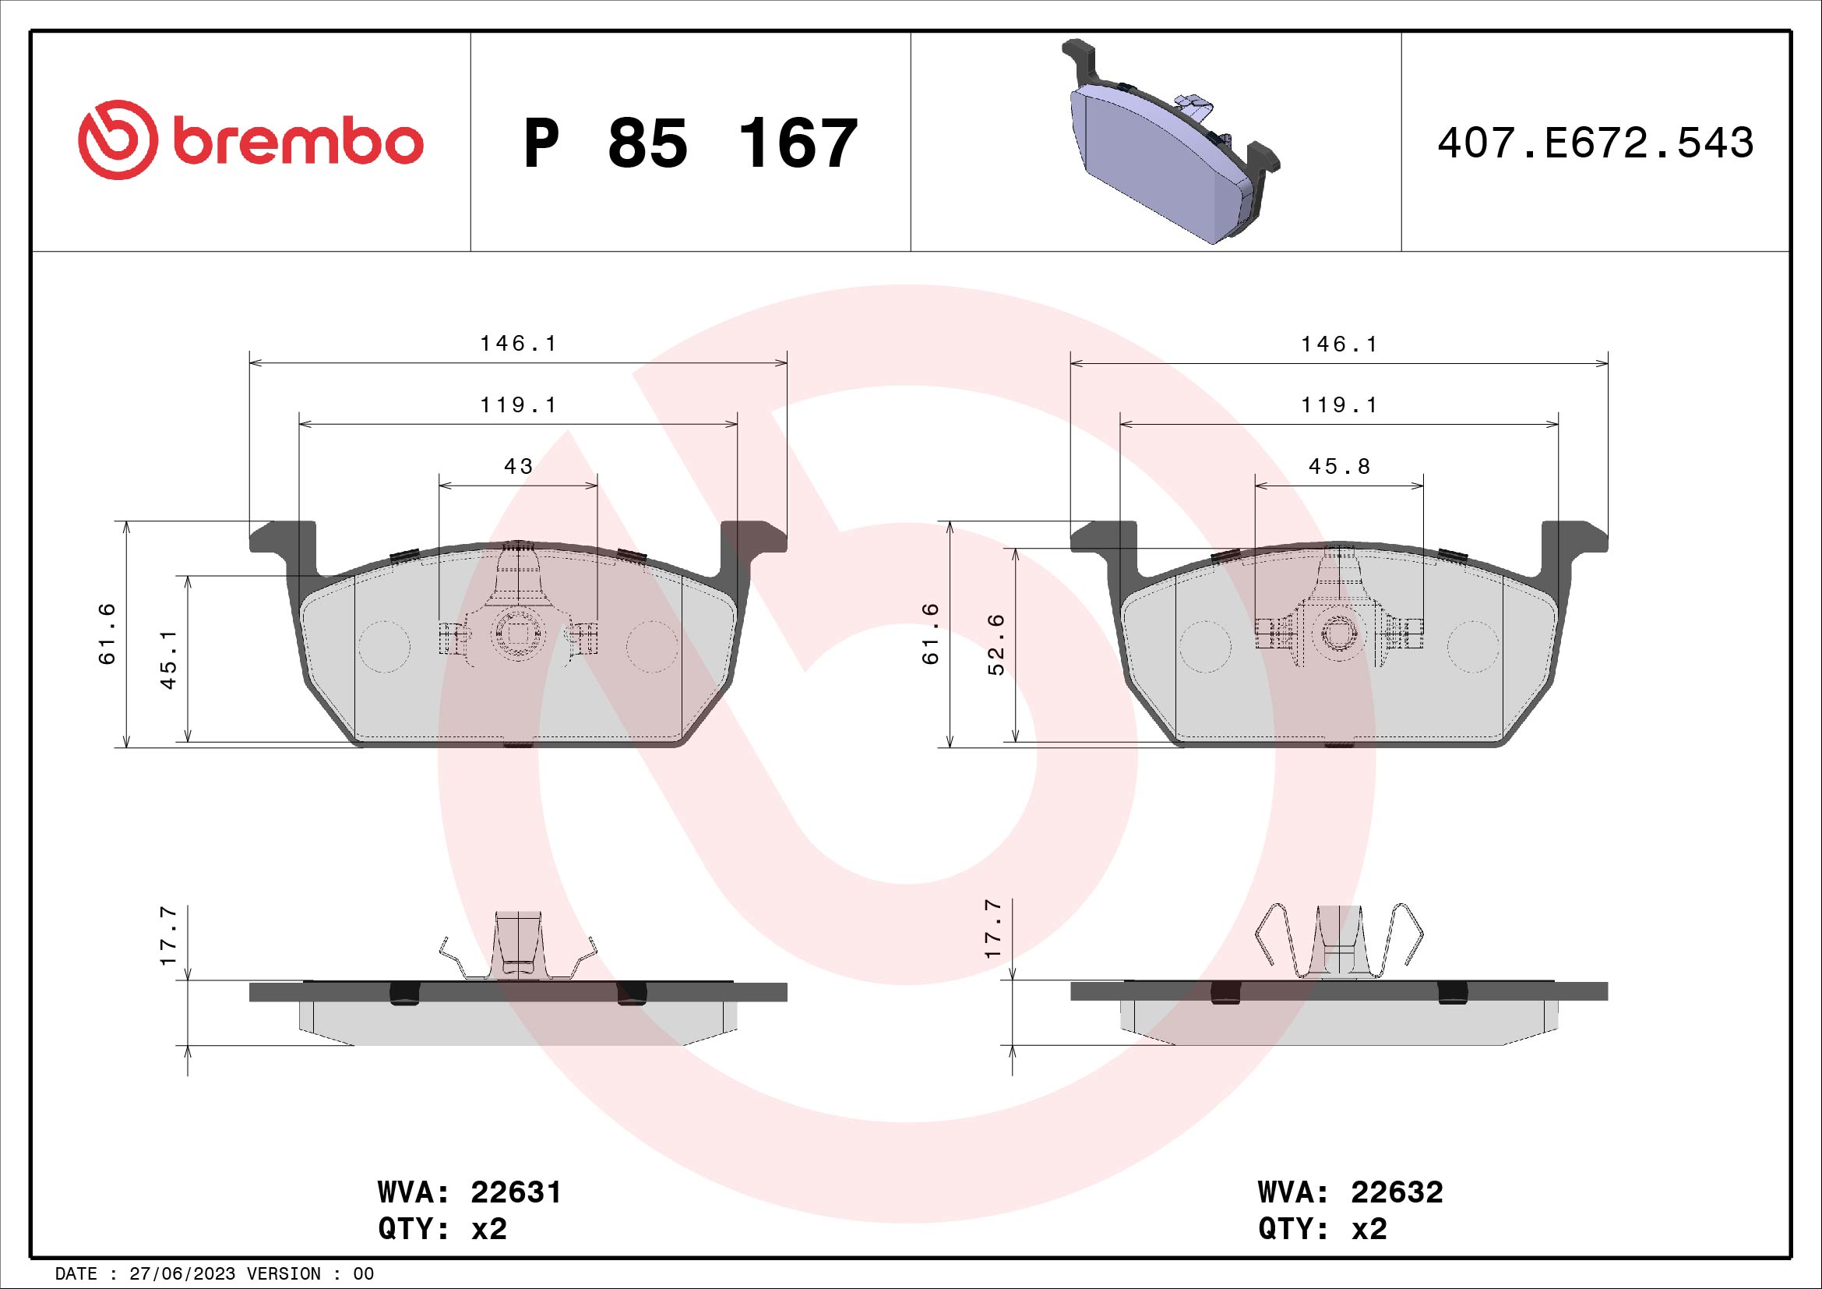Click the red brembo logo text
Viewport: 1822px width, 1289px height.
[x=294, y=143]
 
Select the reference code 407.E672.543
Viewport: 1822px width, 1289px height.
[x=1595, y=143]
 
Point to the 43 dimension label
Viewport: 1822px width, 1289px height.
[x=518, y=467]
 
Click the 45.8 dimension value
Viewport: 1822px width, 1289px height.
[x=1340, y=467]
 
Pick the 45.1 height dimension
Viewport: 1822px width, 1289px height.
[x=168, y=659]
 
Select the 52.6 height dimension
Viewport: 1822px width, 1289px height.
[x=996, y=644]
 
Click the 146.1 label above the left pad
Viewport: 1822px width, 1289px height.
[x=518, y=344]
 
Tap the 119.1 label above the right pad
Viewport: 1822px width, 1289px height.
[x=1340, y=405]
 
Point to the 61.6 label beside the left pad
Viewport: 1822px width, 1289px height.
[x=107, y=634]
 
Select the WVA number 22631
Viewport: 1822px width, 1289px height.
[x=516, y=1192]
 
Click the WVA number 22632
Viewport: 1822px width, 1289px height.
[x=1397, y=1192]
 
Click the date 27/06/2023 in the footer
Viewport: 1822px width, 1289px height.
[x=181, y=1274]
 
